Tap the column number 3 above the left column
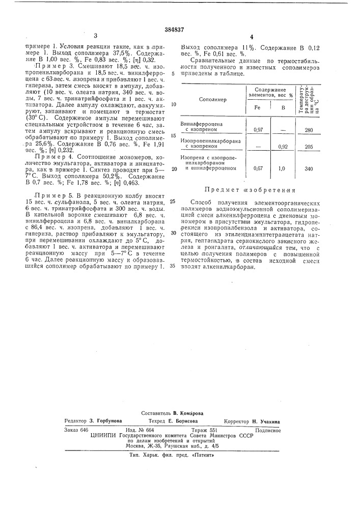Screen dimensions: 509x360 [x=96, y=35]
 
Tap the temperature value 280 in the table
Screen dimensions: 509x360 [x=308, y=130]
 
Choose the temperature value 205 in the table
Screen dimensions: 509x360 [x=308, y=146]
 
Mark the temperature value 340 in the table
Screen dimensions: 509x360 [x=308, y=168]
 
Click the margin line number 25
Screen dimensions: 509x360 [x=173, y=202]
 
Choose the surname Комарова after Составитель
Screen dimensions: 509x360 [x=188, y=414]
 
